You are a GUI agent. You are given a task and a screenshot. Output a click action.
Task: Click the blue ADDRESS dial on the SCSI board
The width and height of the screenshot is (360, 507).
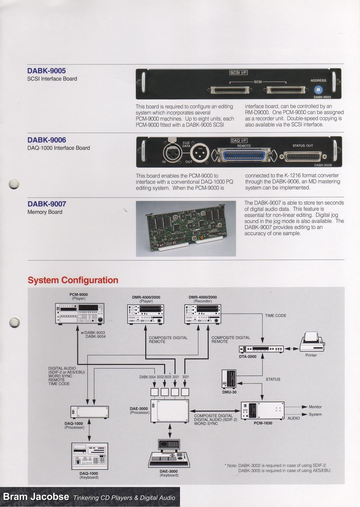click(318, 90)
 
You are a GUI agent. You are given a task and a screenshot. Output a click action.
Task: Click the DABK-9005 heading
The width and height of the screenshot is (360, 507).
click(46, 71)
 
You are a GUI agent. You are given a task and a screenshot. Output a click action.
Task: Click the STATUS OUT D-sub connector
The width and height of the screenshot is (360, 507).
click(304, 157)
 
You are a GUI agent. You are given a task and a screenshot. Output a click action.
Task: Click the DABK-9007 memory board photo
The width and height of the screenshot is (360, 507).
click(186, 228)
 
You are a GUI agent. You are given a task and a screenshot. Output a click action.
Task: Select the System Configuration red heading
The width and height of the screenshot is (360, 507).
click(73, 280)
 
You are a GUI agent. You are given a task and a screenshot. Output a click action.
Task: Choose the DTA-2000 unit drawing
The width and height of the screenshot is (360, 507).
click(261, 349)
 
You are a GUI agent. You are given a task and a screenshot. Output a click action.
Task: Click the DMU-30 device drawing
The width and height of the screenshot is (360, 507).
click(229, 379)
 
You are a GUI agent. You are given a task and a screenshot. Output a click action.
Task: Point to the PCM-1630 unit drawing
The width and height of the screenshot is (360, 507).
click(262, 411)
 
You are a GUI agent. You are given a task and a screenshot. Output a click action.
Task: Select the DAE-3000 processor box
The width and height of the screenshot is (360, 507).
click(170, 410)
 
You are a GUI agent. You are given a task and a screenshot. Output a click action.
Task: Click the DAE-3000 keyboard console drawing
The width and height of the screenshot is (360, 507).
click(169, 453)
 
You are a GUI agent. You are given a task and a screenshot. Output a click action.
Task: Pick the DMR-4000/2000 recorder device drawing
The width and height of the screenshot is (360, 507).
click(202, 314)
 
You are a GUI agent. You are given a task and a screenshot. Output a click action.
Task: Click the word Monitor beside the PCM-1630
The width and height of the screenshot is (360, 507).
click(315, 407)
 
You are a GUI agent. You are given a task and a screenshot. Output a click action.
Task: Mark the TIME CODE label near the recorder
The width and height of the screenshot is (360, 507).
click(275, 316)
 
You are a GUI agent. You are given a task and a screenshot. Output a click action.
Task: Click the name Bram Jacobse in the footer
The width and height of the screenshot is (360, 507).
click(36, 497)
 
